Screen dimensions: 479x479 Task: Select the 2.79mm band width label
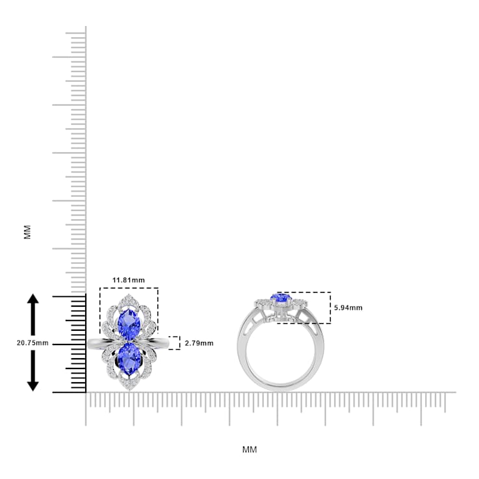[x=199, y=343]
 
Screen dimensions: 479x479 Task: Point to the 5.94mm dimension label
[x=348, y=307]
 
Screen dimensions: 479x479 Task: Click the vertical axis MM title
[x=27, y=232]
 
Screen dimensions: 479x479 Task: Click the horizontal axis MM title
[x=250, y=449]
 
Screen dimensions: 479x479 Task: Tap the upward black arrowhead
[x=33, y=300]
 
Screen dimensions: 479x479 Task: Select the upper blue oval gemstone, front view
[x=129, y=321]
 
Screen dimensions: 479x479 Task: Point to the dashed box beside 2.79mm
[x=174, y=343]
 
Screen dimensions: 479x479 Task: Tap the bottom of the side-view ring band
[x=280, y=387]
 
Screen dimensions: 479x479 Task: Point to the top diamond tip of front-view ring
[x=129, y=297]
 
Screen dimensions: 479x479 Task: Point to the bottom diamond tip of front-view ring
[x=129, y=389]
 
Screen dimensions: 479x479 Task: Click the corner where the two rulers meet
[x=86, y=393]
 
